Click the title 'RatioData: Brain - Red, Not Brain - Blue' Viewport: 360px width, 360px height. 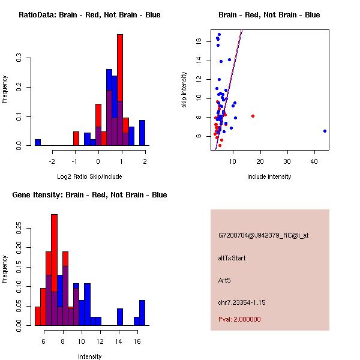[x=89, y=15]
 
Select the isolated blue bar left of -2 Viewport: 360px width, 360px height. [x=38, y=142]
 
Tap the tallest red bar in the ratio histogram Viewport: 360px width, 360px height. [x=120, y=90]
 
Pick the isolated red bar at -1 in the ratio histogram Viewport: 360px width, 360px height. [x=76, y=139]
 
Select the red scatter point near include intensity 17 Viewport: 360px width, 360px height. [x=253, y=116]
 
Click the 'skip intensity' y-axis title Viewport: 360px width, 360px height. [x=184, y=90]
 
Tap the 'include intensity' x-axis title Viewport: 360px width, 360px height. [x=269, y=176]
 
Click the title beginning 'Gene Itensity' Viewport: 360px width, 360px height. [x=89, y=195]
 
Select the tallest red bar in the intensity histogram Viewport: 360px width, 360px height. [x=54, y=269]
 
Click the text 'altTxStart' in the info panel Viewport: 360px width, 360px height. [x=232, y=258]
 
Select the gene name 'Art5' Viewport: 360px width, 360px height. [x=224, y=280]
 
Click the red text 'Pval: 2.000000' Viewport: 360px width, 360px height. [x=239, y=319]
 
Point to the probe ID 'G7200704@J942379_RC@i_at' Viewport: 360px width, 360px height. [x=263, y=236]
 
